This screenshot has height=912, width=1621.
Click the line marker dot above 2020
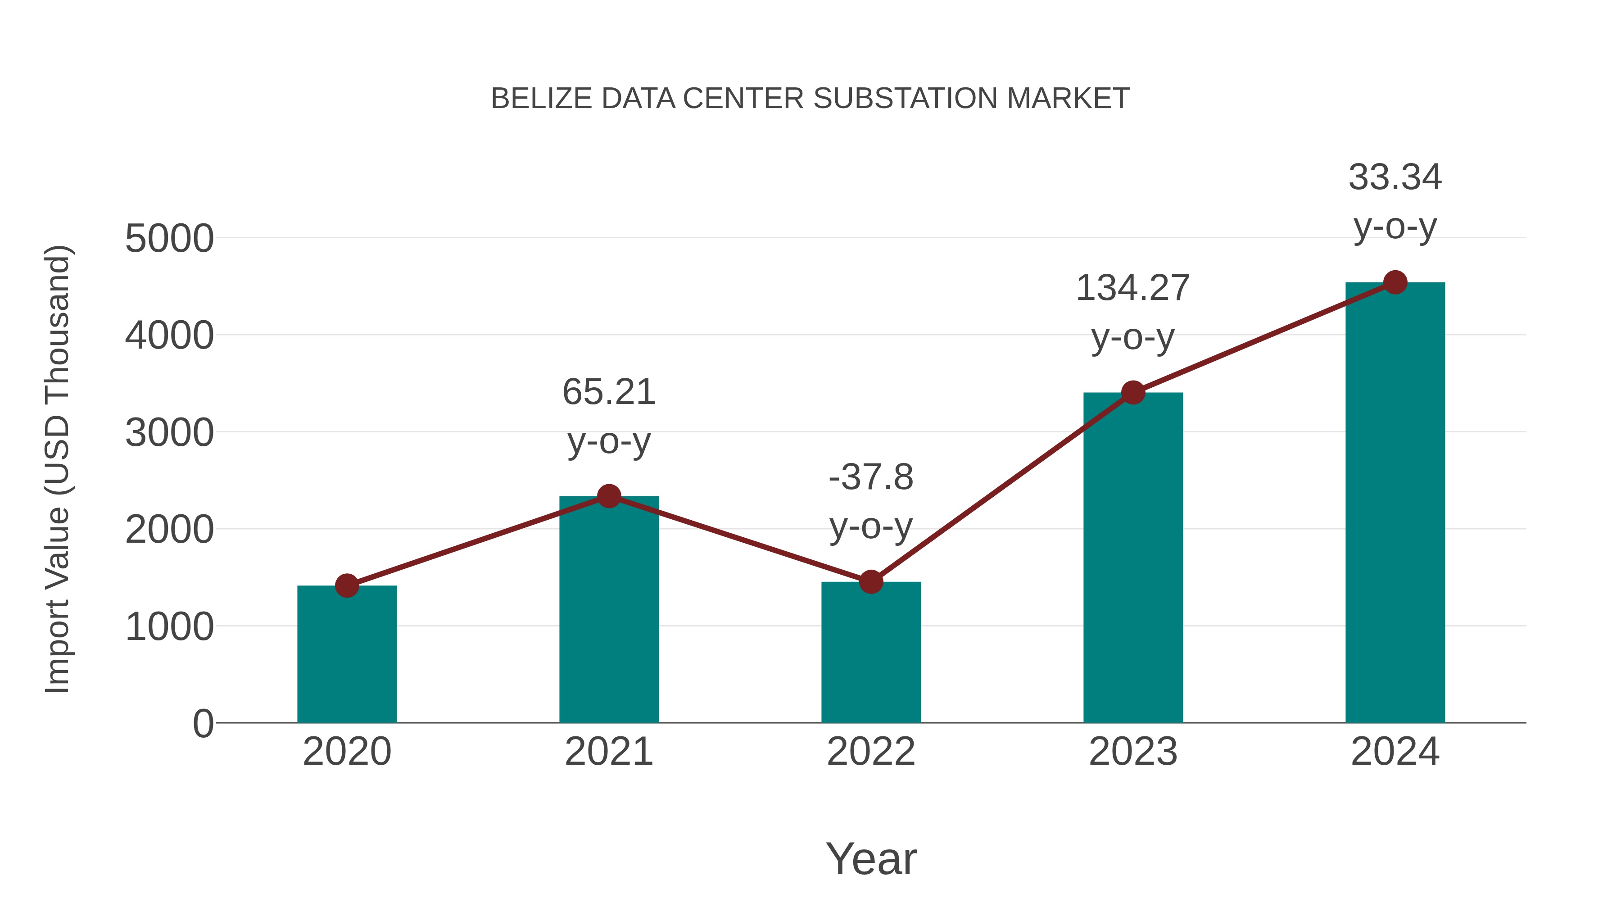pyautogui.click(x=347, y=585)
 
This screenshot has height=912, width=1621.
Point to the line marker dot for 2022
pyautogui.click(x=871, y=581)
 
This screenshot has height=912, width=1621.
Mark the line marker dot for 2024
pyautogui.click(x=1395, y=282)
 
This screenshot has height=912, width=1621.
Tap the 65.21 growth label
pyautogui.click(x=608, y=392)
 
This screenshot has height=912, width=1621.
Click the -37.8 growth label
pyautogui.click(x=871, y=477)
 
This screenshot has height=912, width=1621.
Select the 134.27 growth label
pyautogui.click(x=1133, y=288)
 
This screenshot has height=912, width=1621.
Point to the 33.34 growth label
pyautogui.click(x=1395, y=177)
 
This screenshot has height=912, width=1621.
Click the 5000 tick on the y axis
pyautogui.click(x=169, y=239)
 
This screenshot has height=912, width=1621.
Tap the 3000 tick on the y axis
pyautogui.click(x=169, y=433)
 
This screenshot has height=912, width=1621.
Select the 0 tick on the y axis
pyautogui.click(x=203, y=723)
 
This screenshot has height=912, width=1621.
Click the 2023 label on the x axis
pyautogui.click(x=1133, y=752)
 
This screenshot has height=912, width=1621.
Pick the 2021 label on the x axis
pyautogui.click(x=608, y=752)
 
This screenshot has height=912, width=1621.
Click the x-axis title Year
pyautogui.click(x=871, y=858)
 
